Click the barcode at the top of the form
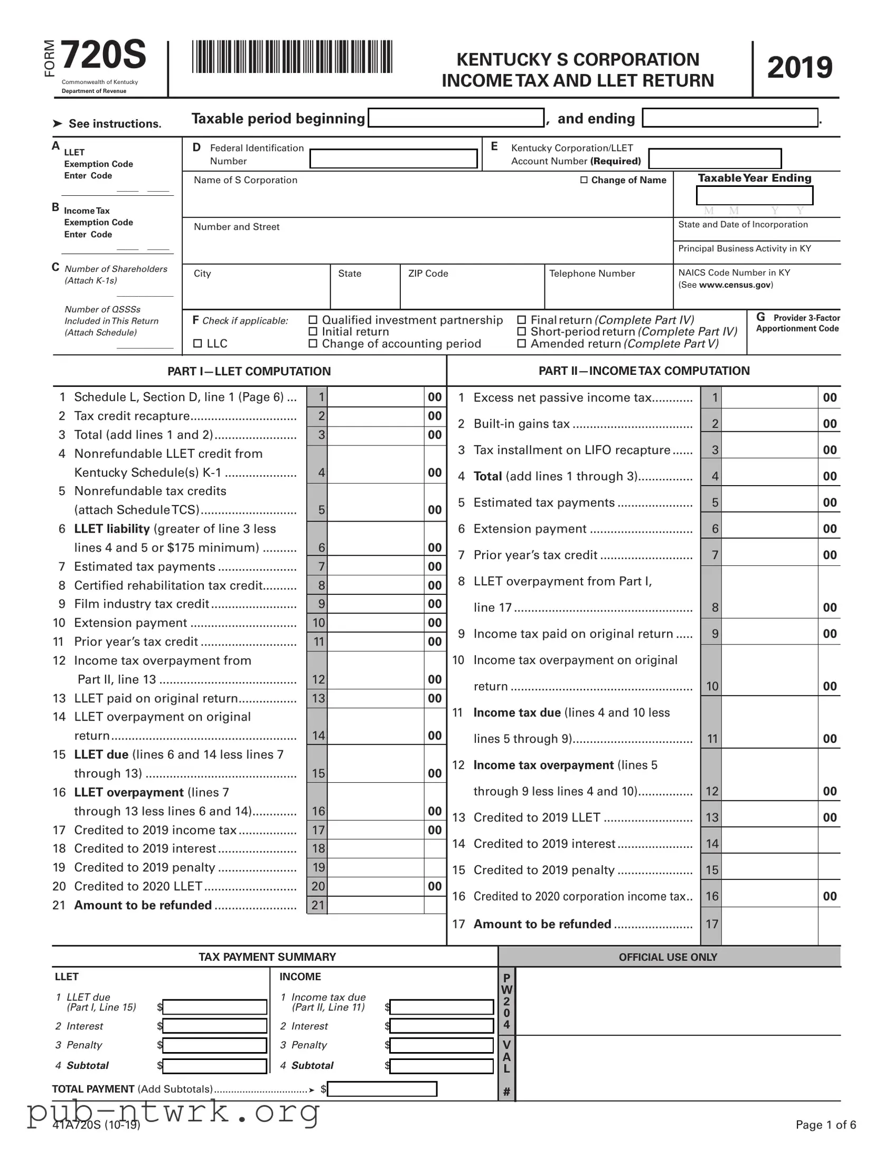[292, 56]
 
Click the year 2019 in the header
[800, 68]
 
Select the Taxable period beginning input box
[456, 118]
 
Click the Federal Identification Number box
[393, 159]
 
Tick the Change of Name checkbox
[584, 180]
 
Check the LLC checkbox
[198, 344]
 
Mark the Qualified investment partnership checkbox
[313, 320]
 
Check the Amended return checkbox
[522, 344]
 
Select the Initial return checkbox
[313, 332]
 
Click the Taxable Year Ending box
[755, 196]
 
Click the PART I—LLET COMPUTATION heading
[249, 371]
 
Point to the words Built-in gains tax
[521, 424]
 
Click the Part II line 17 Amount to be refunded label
[542, 924]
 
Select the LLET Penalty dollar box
[215, 1046]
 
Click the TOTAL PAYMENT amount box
[382, 1090]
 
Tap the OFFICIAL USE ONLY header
[668, 957]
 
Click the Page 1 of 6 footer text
[825, 1125]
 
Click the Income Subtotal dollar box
[441, 1066]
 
